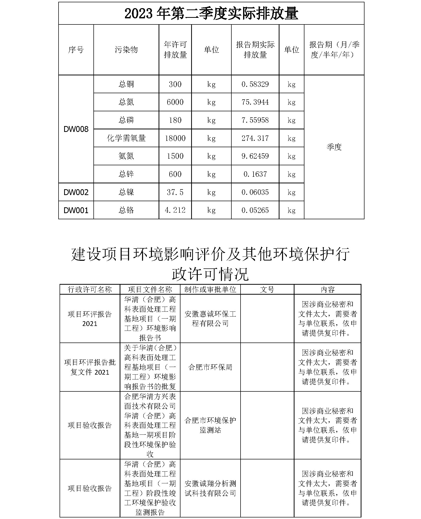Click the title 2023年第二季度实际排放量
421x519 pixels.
click(211, 13)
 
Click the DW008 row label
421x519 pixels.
click(76, 129)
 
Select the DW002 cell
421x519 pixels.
click(76, 192)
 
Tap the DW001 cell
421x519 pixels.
click(76, 210)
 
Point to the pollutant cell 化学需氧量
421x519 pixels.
click(126, 138)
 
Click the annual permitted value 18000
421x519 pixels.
click(175, 138)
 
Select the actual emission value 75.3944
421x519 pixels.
click(255, 102)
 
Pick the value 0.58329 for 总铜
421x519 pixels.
click(255, 84)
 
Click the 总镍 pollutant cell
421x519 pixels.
click(126, 192)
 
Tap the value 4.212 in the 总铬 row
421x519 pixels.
click(175, 210)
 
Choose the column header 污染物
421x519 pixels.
click(126, 50)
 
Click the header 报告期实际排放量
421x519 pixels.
click(255, 50)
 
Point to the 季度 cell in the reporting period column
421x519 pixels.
click(334, 147)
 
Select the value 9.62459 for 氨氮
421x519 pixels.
click(255, 156)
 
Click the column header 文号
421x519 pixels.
click(267, 289)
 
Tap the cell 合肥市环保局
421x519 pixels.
click(210, 367)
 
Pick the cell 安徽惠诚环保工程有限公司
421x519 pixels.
click(210, 319)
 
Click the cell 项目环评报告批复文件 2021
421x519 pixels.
click(90, 367)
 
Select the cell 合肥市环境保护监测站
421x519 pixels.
click(210, 425)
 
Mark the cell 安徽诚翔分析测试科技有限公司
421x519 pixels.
click(210, 488)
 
